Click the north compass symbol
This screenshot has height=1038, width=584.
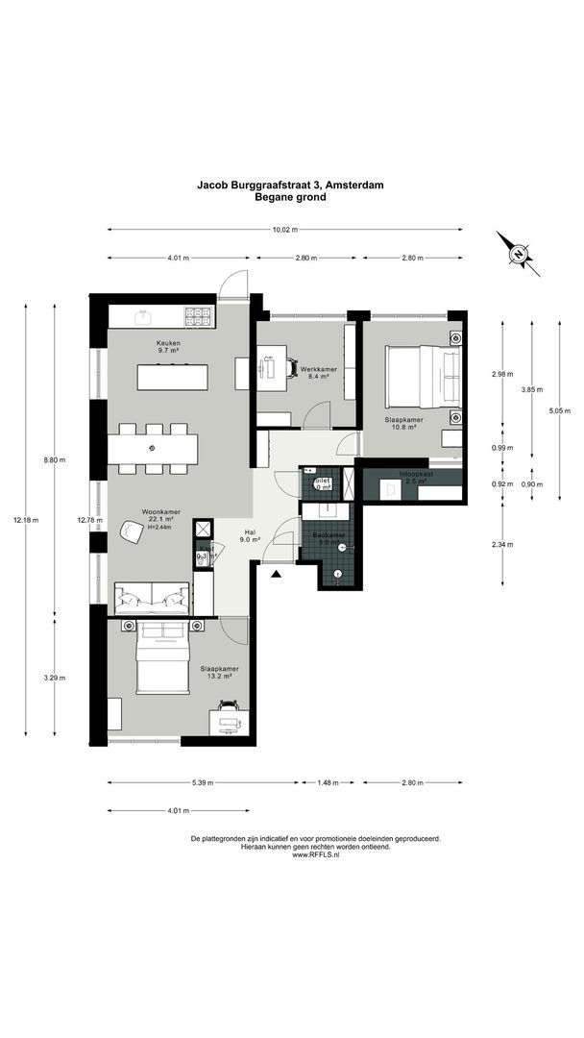click(x=518, y=254)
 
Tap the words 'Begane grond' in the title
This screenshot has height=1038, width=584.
click(x=290, y=197)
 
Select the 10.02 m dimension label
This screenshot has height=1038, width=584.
click(x=285, y=230)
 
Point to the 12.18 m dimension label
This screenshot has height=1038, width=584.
click(x=26, y=520)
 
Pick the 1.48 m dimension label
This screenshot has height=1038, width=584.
click(x=328, y=783)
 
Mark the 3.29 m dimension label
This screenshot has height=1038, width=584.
click(x=55, y=678)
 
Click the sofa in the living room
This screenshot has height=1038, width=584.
click(x=151, y=599)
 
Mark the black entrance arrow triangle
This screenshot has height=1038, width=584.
click(x=277, y=575)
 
